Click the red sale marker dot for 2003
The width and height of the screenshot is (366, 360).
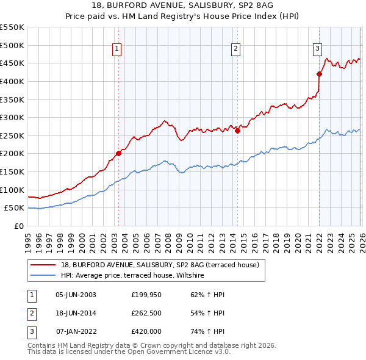tap(118, 154)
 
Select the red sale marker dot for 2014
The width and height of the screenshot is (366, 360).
tap(237, 131)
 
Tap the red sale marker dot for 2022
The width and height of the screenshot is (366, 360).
tap(319, 74)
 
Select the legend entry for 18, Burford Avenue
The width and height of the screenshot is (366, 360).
tap(160, 265)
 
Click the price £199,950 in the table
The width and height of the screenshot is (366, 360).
tap(146, 295)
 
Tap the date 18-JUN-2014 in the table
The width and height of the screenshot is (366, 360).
tap(76, 313)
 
